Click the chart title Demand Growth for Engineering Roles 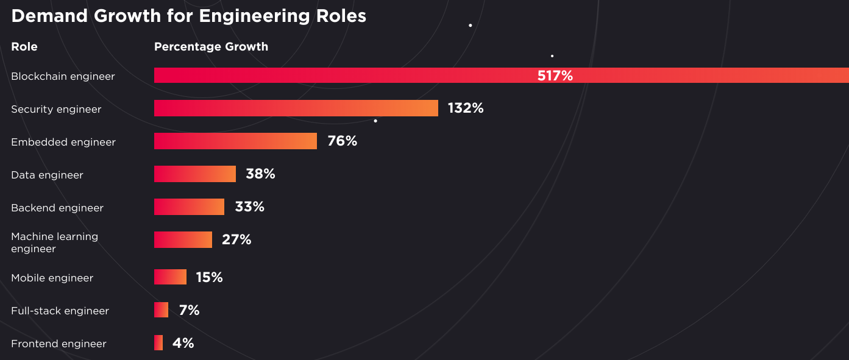coord(189,16)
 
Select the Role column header coord(24,47)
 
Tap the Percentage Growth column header coord(211,47)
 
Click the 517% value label coord(555,76)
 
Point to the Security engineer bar coord(296,108)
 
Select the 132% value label coord(466,108)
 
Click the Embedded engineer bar coord(235,141)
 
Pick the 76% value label coord(342,141)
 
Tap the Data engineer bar coord(195,174)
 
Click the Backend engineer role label coord(57,208)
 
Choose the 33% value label coord(249,207)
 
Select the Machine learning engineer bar coord(183,239)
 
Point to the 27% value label coord(236,240)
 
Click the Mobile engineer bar coord(170,277)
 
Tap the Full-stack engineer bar coord(161,310)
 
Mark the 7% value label coord(189,311)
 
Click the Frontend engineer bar coord(158,343)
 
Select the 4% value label coord(183,344)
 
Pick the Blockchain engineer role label coord(63,76)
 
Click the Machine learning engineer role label coord(54,242)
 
